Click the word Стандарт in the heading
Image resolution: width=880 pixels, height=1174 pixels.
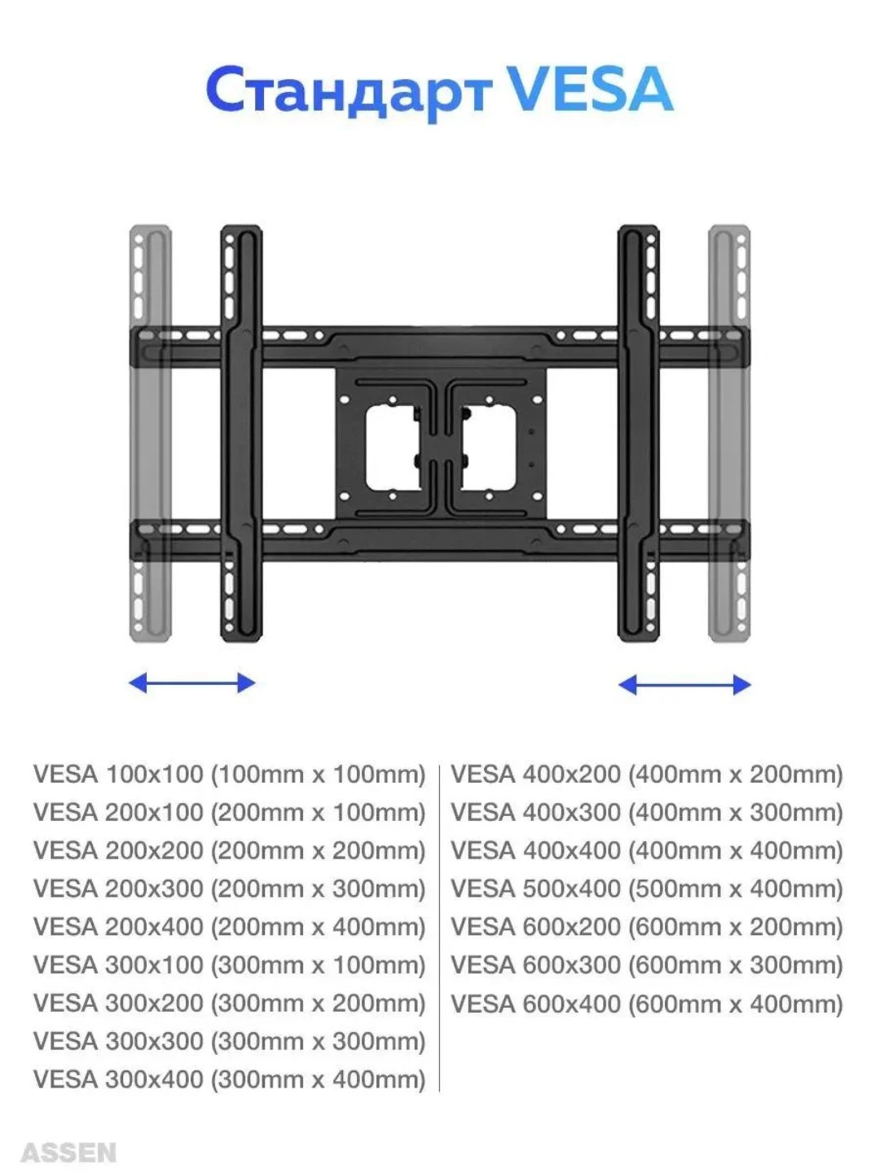coord(349,91)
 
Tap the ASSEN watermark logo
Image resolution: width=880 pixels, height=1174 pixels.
coord(68,1153)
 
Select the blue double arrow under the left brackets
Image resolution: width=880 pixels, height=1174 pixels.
coord(192,682)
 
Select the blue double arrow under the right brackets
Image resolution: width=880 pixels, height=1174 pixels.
coord(684,685)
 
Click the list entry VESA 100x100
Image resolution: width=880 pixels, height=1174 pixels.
coord(229,774)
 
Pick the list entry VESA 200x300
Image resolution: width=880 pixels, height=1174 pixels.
coord(229,889)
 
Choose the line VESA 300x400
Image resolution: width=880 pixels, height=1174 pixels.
coord(229,1079)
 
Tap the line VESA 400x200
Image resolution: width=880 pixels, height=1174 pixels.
coord(646,774)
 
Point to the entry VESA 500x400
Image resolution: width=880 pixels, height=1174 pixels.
coord(646,889)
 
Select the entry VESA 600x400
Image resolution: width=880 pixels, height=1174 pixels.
coord(646,1004)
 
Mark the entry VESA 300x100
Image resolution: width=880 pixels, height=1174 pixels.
coord(229,965)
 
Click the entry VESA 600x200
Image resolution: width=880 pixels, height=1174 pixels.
coord(646,927)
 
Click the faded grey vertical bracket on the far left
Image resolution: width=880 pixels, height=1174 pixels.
coord(150,433)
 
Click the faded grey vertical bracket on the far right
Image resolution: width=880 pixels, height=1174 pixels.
coord(729,433)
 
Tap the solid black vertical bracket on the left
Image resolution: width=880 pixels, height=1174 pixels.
coord(241,433)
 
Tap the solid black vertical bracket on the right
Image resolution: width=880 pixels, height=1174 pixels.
coord(639,433)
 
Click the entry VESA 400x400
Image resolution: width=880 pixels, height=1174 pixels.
coord(646,850)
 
